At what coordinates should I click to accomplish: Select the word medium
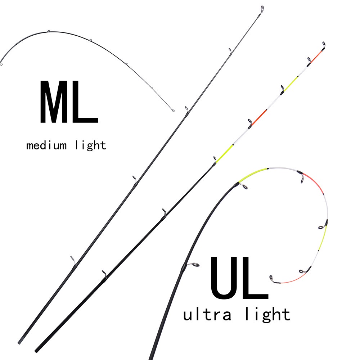[x=46, y=146]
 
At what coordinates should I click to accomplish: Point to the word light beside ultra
[x=267, y=314]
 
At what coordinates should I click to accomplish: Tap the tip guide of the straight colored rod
[x=323, y=44]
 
